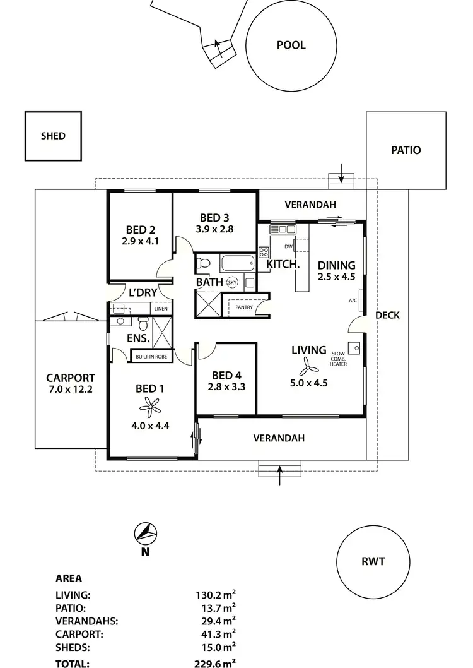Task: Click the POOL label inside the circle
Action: click(291, 45)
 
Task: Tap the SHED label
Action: click(53, 136)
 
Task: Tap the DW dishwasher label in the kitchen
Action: click(288, 247)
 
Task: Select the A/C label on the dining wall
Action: click(353, 301)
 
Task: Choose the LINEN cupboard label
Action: click(160, 309)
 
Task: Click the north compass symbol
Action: click(145, 534)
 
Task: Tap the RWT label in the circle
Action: click(373, 561)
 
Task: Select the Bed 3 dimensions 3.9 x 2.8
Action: click(214, 229)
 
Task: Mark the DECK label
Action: click(387, 315)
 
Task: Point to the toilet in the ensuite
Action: click(142, 324)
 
